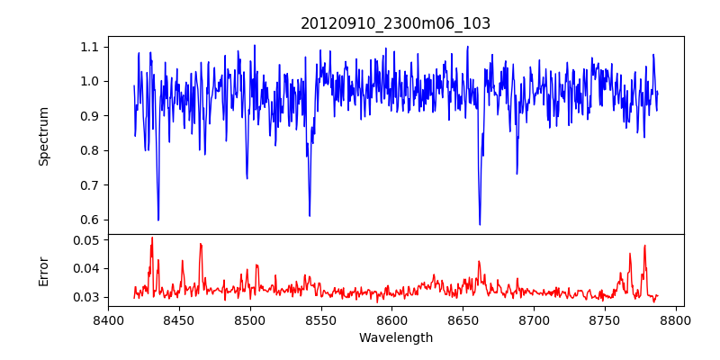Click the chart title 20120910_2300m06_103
click(x=395, y=23)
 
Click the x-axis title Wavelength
click(x=395, y=337)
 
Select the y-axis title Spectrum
click(x=43, y=136)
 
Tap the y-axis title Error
click(x=43, y=271)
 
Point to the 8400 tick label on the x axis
click(x=108, y=319)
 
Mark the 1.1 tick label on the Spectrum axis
click(x=91, y=47)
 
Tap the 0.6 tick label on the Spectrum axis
click(x=91, y=220)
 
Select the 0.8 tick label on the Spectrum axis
click(x=91, y=150)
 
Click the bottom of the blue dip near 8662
click(x=480, y=224)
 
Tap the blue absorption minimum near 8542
click(x=310, y=215)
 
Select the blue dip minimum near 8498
click(x=247, y=178)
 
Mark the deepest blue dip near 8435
click(x=158, y=220)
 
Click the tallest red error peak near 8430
click(x=152, y=238)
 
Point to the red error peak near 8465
click(x=201, y=244)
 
